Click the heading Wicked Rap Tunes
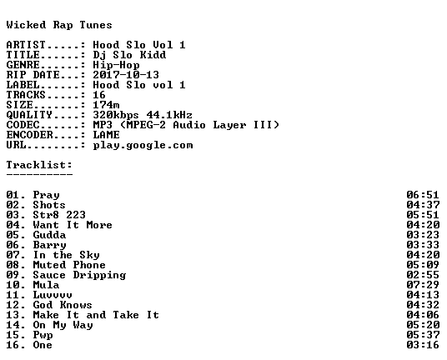(59, 25)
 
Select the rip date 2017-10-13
(126, 75)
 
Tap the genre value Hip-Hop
(116, 65)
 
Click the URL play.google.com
(143, 145)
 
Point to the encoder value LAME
(106, 135)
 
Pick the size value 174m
(106, 105)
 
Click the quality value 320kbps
(116, 115)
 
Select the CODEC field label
(23, 125)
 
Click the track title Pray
(46, 195)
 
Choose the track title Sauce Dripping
(79, 275)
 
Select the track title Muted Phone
(69, 265)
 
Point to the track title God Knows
(63, 305)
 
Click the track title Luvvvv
(53, 295)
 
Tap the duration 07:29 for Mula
(423, 285)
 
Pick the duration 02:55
(423, 275)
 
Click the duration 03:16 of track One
(423, 345)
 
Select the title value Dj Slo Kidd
(129, 55)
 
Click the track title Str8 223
(59, 215)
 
